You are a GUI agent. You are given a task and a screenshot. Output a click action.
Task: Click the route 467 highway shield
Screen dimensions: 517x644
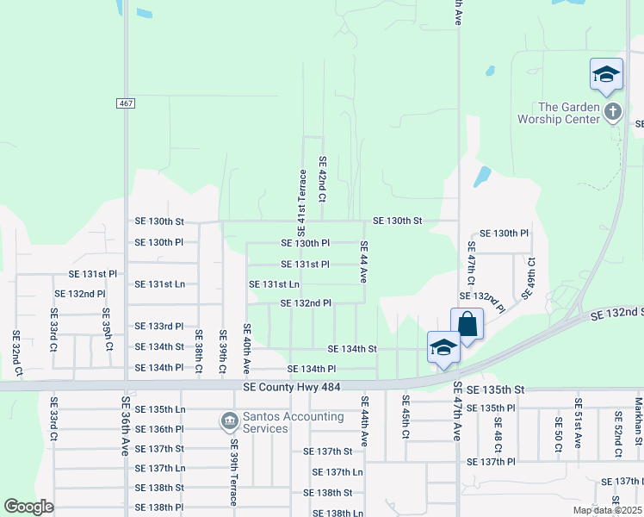pos(126,103)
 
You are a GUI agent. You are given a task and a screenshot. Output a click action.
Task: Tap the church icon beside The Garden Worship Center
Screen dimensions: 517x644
pos(612,111)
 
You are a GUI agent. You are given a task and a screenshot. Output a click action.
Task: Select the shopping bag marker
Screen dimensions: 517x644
pos(467,325)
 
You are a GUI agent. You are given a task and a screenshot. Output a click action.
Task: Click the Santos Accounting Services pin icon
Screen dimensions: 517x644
pos(229,421)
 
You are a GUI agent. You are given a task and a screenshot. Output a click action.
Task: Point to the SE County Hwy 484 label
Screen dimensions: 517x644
pos(292,389)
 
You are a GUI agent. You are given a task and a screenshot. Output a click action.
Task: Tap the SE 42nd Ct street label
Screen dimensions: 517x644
pos(323,179)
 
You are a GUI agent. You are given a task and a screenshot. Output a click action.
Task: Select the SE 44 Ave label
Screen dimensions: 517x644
pos(364,264)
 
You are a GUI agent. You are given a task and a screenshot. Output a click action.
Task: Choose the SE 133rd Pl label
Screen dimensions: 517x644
pos(159,327)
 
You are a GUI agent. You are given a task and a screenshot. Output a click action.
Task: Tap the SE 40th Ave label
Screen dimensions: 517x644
pos(247,348)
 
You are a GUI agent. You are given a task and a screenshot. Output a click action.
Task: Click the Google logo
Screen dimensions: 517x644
pos(28,507)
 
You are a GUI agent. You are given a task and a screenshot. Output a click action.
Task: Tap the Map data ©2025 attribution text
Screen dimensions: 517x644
pos(607,510)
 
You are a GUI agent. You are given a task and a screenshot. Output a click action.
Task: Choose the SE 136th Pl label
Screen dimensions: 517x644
pos(159,429)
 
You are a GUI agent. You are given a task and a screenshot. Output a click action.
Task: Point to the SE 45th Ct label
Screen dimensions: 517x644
pos(405,416)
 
